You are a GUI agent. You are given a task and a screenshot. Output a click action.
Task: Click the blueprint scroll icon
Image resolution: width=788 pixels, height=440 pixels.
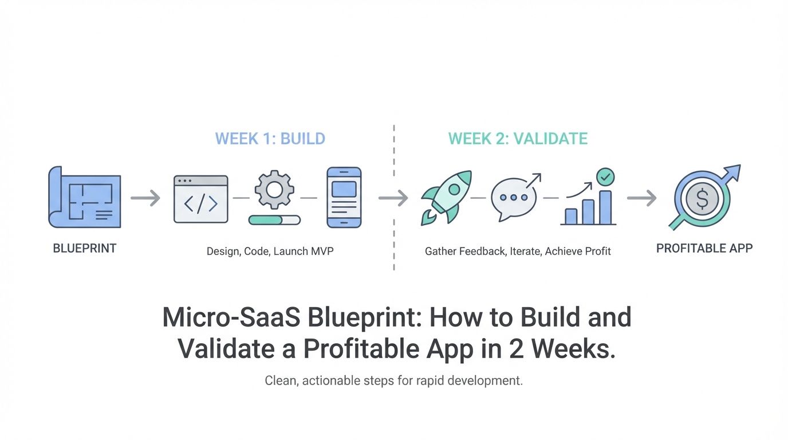pos(84,197)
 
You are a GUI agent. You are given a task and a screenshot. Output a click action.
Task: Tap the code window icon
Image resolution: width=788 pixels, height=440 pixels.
pos(201,199)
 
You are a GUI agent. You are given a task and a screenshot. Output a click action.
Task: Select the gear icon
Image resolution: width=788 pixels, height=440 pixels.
pos(274,190)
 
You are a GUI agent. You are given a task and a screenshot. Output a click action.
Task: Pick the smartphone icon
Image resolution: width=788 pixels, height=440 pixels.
pos(344,198)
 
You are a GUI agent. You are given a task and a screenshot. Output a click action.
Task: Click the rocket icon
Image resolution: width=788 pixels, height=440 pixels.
pos(446,198)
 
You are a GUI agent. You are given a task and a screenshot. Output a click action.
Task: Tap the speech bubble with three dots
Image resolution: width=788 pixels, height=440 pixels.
pos(514,199)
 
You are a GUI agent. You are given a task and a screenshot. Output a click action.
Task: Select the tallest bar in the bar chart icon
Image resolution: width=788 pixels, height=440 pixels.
pos(605,207)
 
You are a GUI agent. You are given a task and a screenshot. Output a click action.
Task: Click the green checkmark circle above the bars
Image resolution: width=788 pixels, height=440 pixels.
pos(605,177)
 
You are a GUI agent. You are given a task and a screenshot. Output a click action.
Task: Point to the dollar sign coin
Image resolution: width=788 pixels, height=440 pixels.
pos(702,199)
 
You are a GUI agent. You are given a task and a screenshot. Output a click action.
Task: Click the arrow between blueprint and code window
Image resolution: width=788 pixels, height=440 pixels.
pos(145,198)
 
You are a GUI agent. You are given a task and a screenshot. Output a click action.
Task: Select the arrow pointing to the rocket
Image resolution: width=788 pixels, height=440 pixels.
pos(393,198)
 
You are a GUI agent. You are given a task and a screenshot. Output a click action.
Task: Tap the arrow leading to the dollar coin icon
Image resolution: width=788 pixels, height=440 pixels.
pos(641,198)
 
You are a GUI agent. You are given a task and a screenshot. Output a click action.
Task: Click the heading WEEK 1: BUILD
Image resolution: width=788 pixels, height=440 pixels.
pos(270,139)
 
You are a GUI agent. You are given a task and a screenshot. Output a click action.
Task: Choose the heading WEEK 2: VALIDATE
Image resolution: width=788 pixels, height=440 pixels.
pos(518,139)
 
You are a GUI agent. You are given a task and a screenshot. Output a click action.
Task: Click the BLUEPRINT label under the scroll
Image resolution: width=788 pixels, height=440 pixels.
pos(84,249)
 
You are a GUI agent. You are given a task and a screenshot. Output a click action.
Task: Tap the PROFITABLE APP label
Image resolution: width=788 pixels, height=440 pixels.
pos(704,249)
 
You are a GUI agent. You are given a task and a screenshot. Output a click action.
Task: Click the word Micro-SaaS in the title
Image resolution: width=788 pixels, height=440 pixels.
pos(231,317)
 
